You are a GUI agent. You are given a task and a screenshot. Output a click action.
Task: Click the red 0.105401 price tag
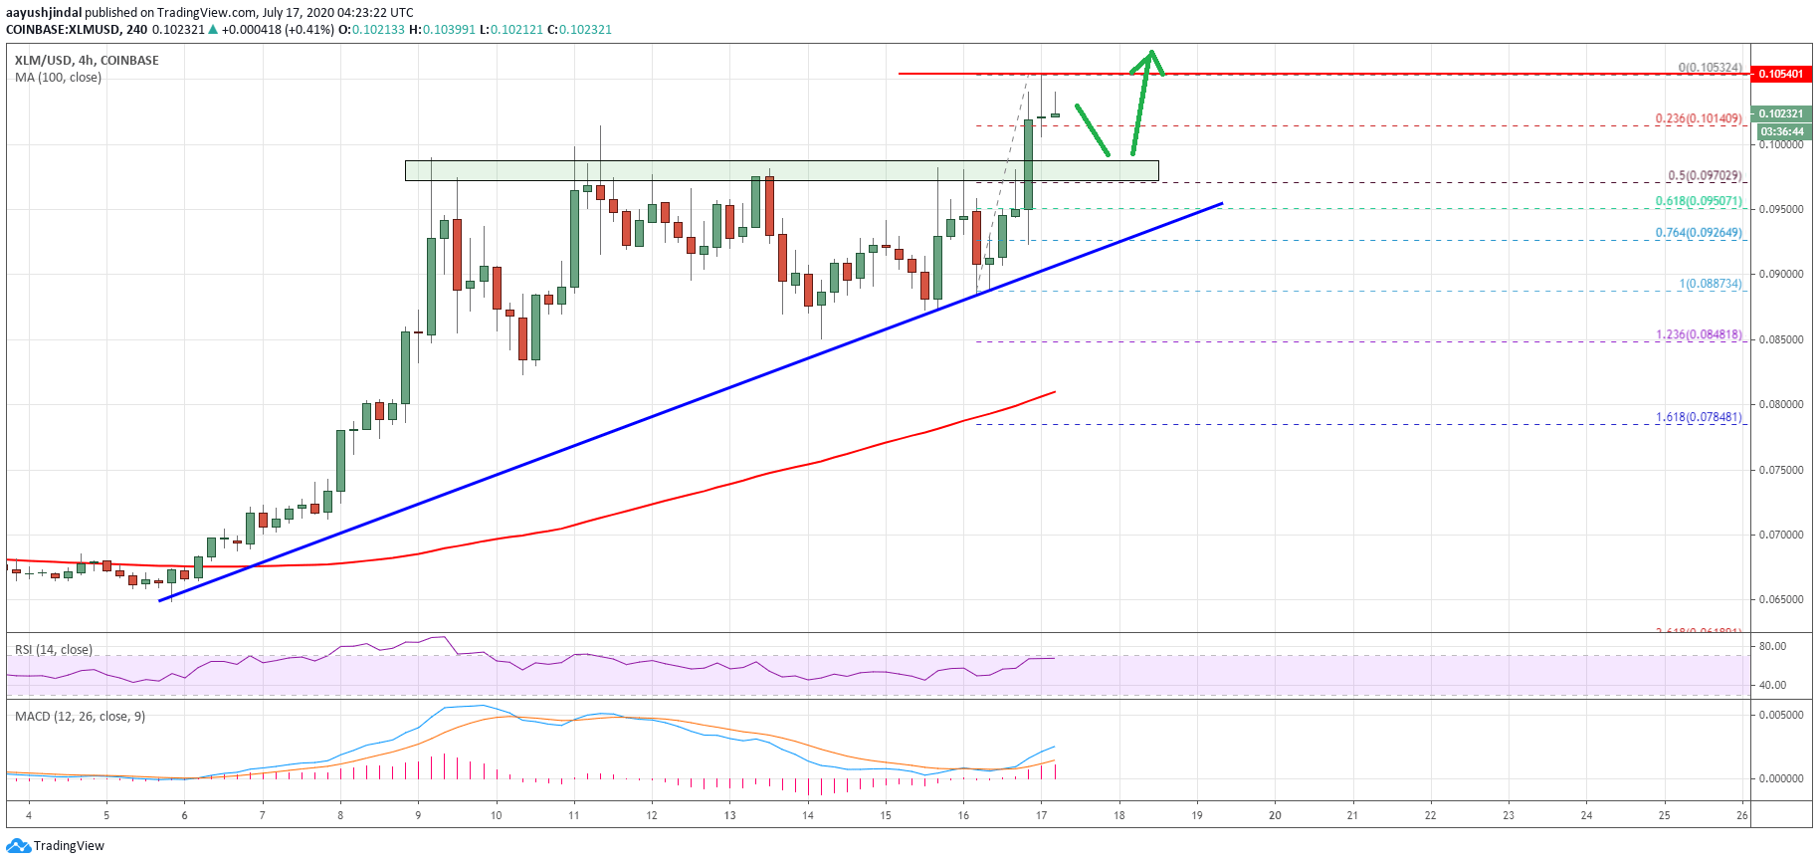pos(1780,74)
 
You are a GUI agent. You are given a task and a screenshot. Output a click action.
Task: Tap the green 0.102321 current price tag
pos(1780,113)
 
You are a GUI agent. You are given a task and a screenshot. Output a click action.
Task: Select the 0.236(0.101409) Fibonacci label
pos(1698,118)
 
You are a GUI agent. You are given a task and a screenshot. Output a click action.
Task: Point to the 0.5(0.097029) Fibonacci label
pos(1705,176)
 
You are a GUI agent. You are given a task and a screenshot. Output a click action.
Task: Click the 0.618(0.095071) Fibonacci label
pos(1698,201)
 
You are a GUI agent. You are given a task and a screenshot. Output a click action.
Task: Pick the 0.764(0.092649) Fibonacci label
pos(1698,233)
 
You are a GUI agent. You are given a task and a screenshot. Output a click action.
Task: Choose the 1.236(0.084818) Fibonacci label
pos(1698,334)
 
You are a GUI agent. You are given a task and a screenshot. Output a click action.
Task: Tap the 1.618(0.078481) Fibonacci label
pos(1698,417)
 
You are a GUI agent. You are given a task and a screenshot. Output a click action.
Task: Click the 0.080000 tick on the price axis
pos(1780,404)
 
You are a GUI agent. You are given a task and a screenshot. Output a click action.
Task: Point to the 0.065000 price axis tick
pos(1780,599)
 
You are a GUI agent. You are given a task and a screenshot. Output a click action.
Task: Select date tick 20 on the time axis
pos(1275,815)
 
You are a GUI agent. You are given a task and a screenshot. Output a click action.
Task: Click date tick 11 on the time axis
pos(574,815)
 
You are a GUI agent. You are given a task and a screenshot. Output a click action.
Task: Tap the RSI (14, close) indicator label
pos(54,650)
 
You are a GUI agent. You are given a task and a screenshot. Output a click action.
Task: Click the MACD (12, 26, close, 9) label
pos(80,716)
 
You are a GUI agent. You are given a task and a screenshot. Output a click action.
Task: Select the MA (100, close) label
pos(58,78)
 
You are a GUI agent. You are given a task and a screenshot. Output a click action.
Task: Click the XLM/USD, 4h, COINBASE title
pos(87,61)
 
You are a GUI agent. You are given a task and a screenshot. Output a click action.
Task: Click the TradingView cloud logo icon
pos(18,846)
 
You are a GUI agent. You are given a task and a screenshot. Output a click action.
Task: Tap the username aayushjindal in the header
pos(44,13)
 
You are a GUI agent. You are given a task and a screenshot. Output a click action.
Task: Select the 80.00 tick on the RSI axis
pos(1772,646)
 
